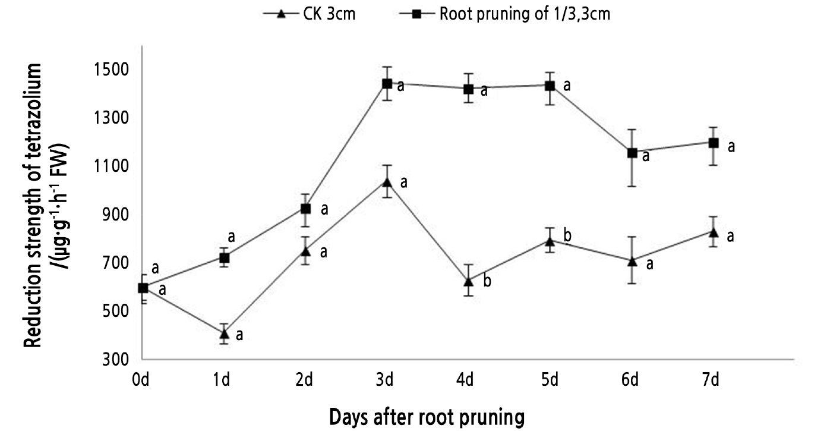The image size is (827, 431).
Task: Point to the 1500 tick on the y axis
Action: (113, 70)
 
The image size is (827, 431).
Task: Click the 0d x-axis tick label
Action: (141, 380)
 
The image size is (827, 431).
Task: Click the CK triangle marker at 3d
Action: (387, 182)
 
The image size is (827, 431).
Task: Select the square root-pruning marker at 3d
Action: (387, 84)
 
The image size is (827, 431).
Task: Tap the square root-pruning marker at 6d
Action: (632, 153)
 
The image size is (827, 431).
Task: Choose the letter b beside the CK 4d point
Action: (487, 281)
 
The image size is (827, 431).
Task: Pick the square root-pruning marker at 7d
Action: (714, 143)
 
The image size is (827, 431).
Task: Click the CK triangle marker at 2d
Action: (305, 252)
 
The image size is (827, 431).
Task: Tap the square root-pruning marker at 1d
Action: (224, 258)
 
